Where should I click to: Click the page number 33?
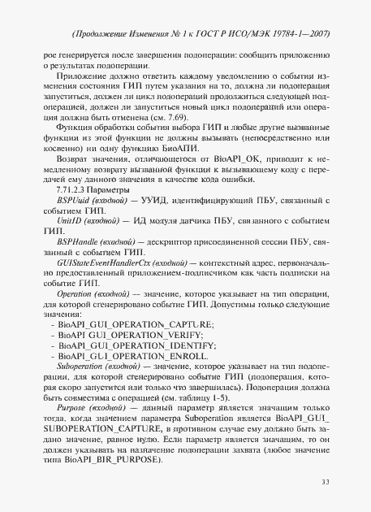325,483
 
